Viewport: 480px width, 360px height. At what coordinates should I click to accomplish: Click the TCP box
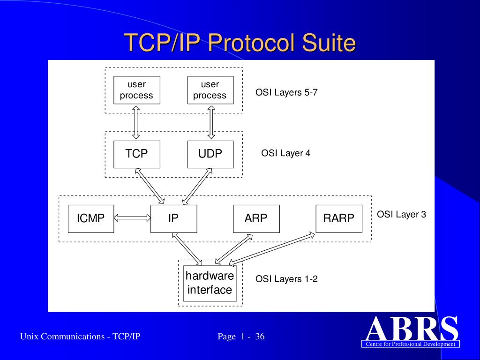coord(136,154)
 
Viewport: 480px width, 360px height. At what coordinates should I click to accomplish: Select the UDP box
coord(210,154)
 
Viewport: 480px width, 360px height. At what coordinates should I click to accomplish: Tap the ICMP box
coord(90,218)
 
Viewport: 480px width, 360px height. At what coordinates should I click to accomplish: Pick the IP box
coord(173,218)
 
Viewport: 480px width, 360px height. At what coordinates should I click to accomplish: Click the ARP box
coord(256,218)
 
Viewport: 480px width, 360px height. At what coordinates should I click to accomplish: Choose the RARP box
coord(338,218)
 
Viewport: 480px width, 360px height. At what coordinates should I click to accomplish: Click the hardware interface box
coord(210,283)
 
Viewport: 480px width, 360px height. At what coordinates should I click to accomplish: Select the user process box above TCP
coord(136,90)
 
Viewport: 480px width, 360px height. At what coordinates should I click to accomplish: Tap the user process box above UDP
coord(210,90)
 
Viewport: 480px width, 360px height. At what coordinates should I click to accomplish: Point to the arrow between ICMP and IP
coord(132,217)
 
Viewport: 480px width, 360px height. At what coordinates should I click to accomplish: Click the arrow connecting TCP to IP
coord(150,186)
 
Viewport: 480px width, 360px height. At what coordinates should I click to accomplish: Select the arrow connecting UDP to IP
coord(197,186)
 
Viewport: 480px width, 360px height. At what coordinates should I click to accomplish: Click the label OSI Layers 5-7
coord(286,92)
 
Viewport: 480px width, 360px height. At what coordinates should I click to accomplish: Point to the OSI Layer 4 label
coord(285,153)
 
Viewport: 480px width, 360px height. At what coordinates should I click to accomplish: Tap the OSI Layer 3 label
coord(401,215)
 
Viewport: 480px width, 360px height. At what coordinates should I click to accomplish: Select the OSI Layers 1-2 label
coord(286,279)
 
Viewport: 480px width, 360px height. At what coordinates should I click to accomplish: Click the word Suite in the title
coord(329,43)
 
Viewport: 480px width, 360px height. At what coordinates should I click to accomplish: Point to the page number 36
coord(260,337)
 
